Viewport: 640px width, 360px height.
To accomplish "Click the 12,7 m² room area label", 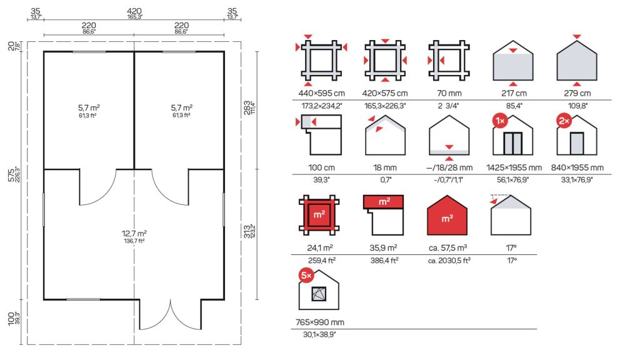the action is tap(134, 234).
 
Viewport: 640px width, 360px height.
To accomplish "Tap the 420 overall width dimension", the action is tap(134, 11).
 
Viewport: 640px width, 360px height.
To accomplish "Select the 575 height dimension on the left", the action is tap(11, 175).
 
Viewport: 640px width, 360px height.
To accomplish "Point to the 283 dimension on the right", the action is tap(247, 107).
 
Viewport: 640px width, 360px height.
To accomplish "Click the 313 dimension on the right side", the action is tap(247, 231).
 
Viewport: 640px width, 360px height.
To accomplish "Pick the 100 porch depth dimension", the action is tap(11, 318).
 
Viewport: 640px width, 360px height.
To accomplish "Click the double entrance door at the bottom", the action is tap(170, 315).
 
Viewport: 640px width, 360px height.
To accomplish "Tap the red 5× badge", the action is tap(306, 276).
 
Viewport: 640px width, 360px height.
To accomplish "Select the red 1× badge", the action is tap(500, 121).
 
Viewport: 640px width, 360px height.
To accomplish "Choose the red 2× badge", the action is tap(564, 121).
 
